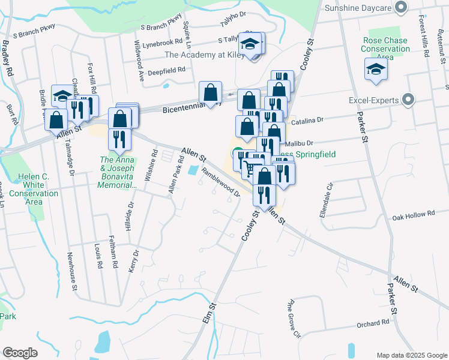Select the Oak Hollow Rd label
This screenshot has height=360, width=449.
pyautogui.click(x=414, y=214)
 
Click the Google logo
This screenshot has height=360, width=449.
pyautogui.click(x=20, y=353)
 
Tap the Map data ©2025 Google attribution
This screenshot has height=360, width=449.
pyautogui.click(x=411, y=355)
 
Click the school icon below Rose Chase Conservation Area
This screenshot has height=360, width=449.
pyautogui.click(x=376, y=70)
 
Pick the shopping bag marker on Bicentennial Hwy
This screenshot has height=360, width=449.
pyautogui.click(x=210, y=93)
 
